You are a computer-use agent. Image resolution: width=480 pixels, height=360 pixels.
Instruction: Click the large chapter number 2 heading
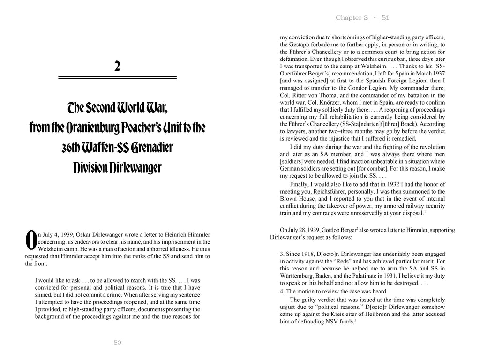117,66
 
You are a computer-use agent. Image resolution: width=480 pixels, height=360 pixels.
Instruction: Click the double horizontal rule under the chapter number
117,78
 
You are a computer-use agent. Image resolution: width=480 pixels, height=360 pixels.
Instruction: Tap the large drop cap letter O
31,240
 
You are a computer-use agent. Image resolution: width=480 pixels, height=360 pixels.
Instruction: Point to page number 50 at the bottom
118,343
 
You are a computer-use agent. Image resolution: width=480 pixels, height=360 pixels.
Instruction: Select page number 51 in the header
385,18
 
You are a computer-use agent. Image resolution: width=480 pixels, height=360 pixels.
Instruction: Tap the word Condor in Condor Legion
381,88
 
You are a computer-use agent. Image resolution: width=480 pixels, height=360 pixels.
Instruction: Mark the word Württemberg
298,276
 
